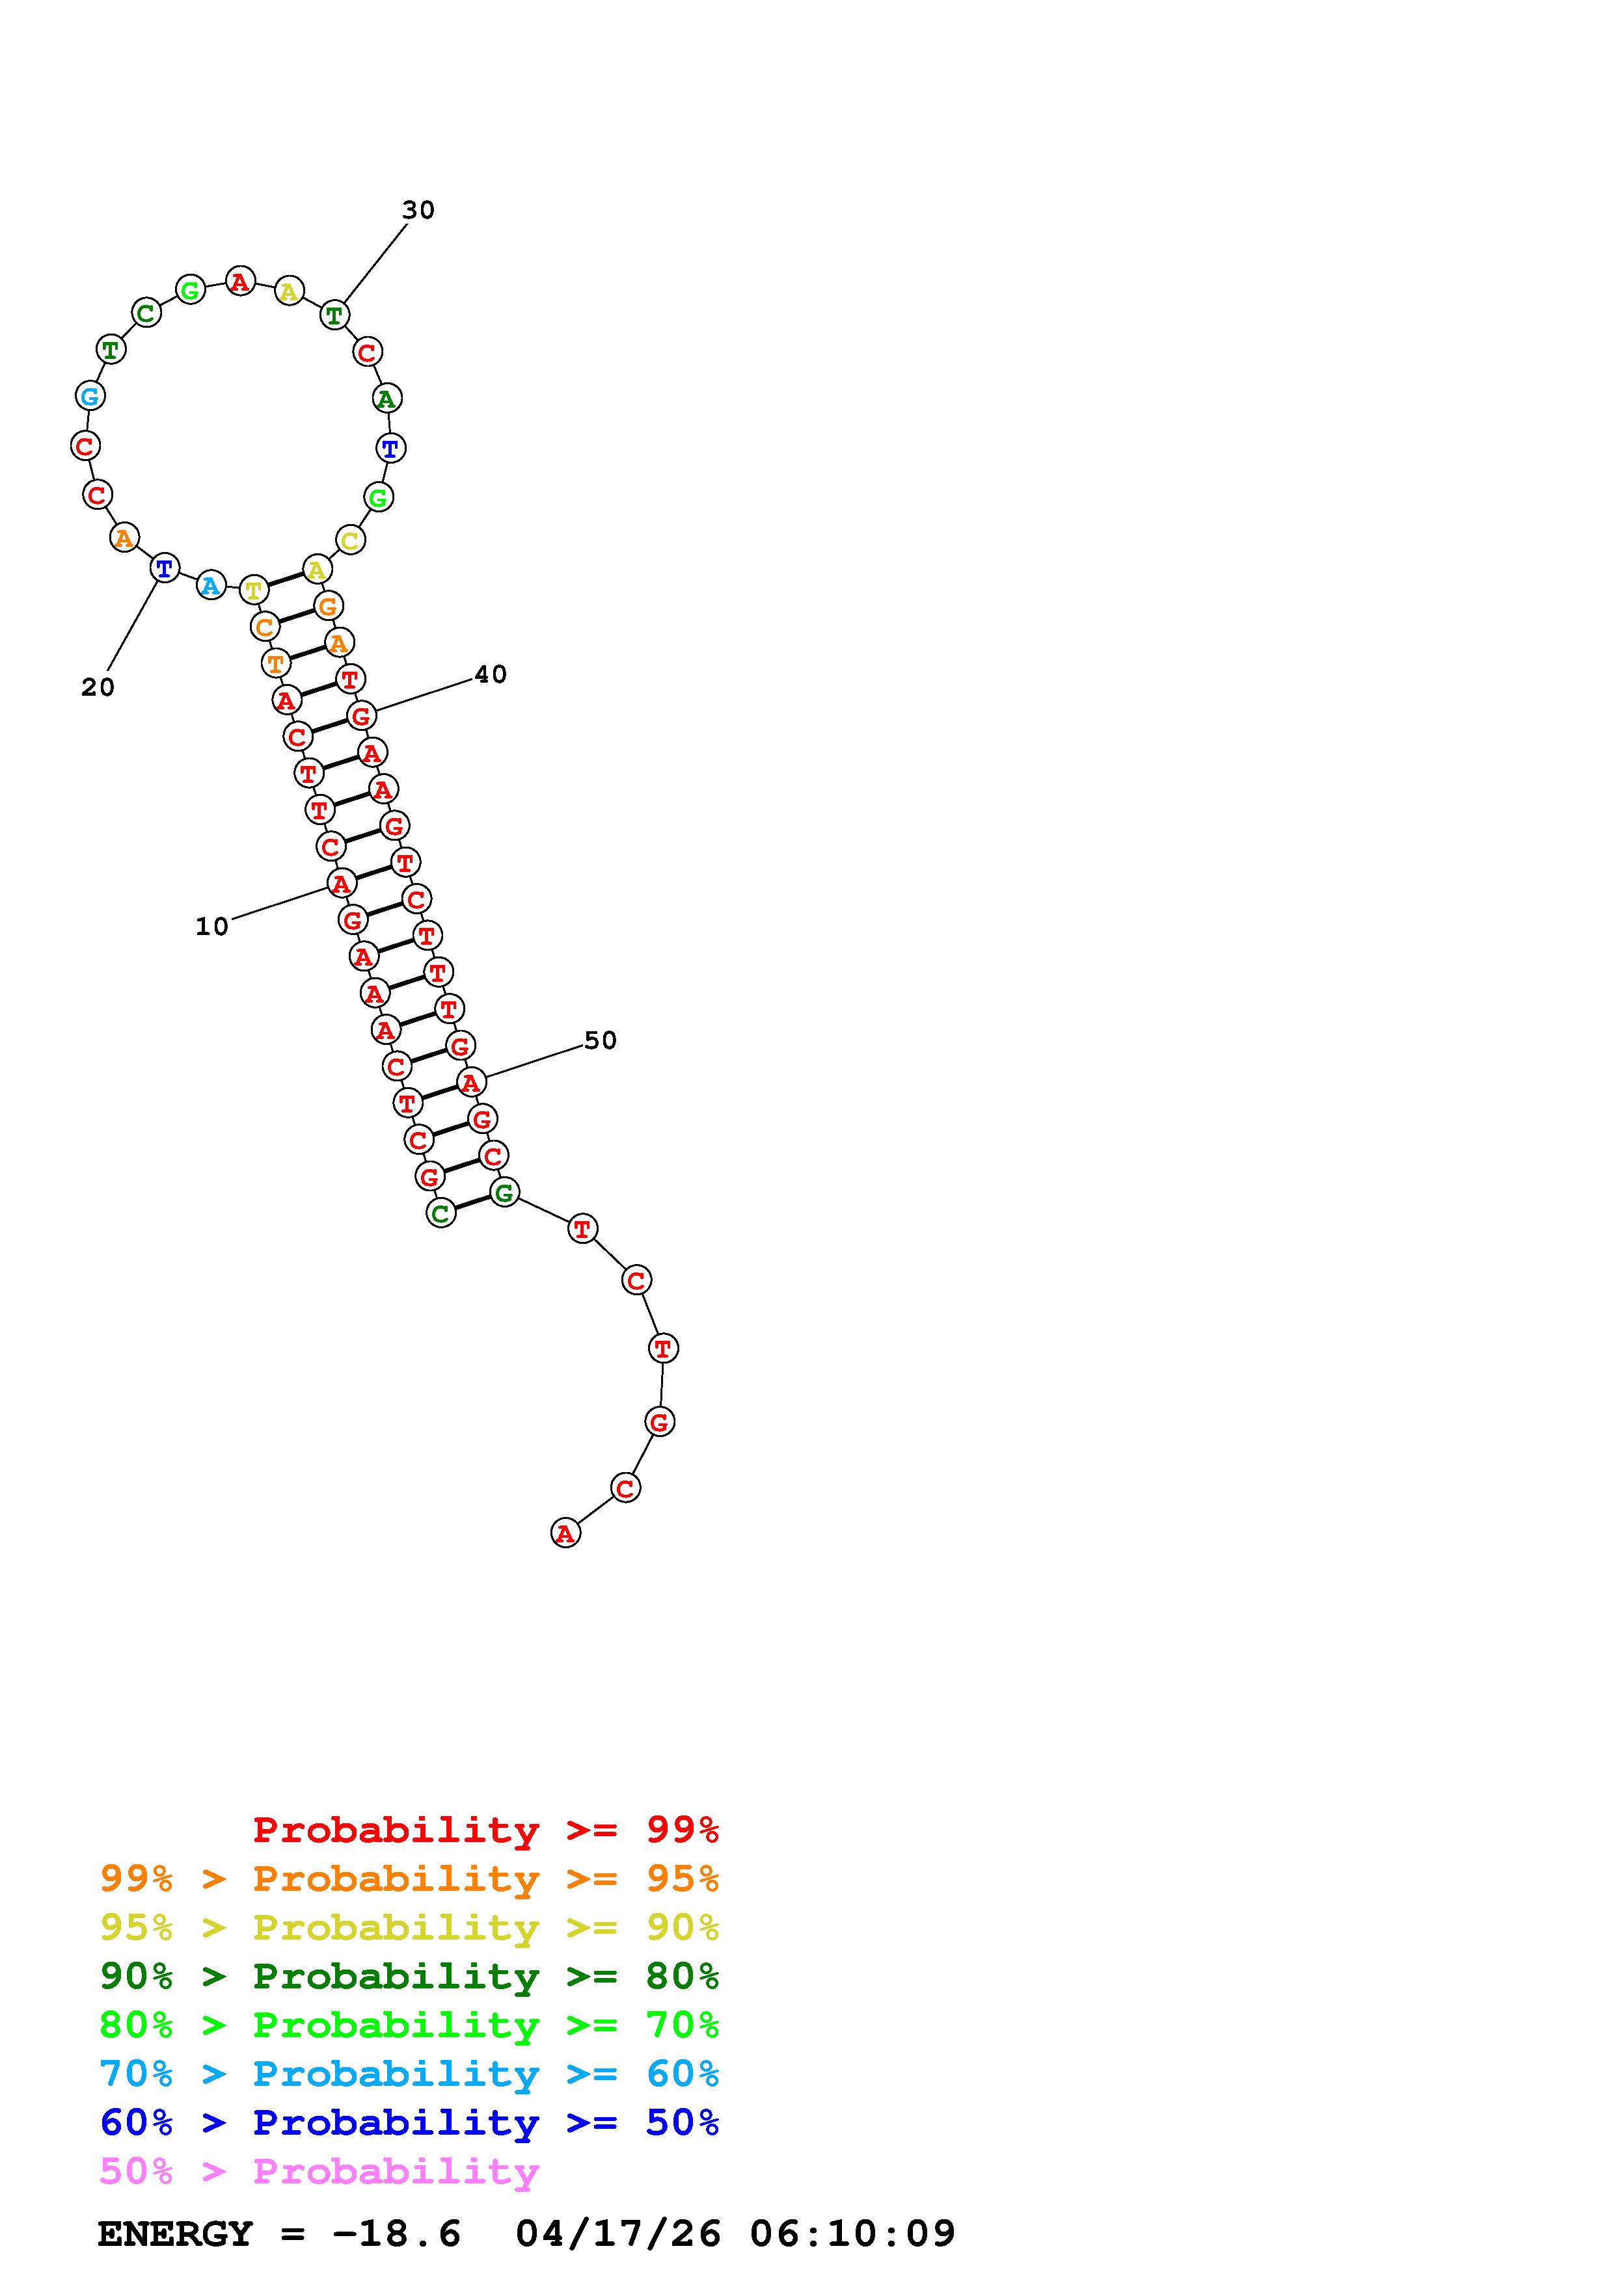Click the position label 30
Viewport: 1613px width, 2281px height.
point(418,209)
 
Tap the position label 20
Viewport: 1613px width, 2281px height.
point(98,687)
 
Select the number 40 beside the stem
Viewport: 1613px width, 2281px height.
point(491,674)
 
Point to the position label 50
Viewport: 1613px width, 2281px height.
point(601,1040)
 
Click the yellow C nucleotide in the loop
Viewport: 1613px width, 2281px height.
point(350,540)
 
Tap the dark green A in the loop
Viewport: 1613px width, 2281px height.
point(386,399)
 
